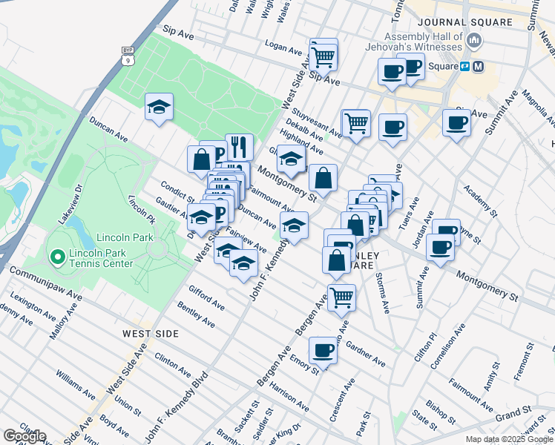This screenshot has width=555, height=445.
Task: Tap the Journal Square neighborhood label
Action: click(464, 22)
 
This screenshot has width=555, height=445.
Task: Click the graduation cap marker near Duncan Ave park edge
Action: click(159, 108)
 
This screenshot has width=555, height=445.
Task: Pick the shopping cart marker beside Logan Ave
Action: click(324, 54)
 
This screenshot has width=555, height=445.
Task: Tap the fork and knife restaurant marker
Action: click(239, 147)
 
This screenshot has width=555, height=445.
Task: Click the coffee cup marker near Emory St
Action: click(323, 349)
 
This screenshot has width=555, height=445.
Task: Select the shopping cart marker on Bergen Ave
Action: click(341, 297)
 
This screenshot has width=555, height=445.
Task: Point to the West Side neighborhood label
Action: click(151, 334)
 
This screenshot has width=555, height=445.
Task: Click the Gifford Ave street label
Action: click(206, 297)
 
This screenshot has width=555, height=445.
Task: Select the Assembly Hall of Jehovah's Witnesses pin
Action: click(476, 39)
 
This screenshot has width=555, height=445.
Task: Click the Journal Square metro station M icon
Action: click(479, 66)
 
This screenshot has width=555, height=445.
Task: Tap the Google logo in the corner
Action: click(24, 436)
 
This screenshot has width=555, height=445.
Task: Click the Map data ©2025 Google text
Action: click(508, 439)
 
